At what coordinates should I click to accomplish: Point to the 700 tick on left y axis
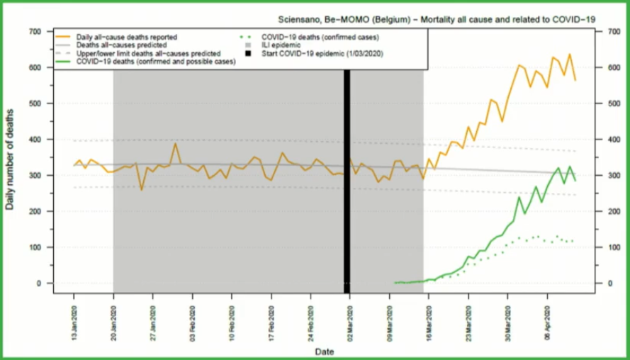(33, 32)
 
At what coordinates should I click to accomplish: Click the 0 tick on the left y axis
(38, 283)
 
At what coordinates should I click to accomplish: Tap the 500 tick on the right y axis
(607, 104)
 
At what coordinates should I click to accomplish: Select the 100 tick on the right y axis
(607, 247)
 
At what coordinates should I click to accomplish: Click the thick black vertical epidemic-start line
(347, 177)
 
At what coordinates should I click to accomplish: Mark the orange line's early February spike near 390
(175, 145)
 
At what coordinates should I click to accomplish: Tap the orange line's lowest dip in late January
(142, 189)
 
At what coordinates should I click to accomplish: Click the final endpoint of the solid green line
(575, 181)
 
